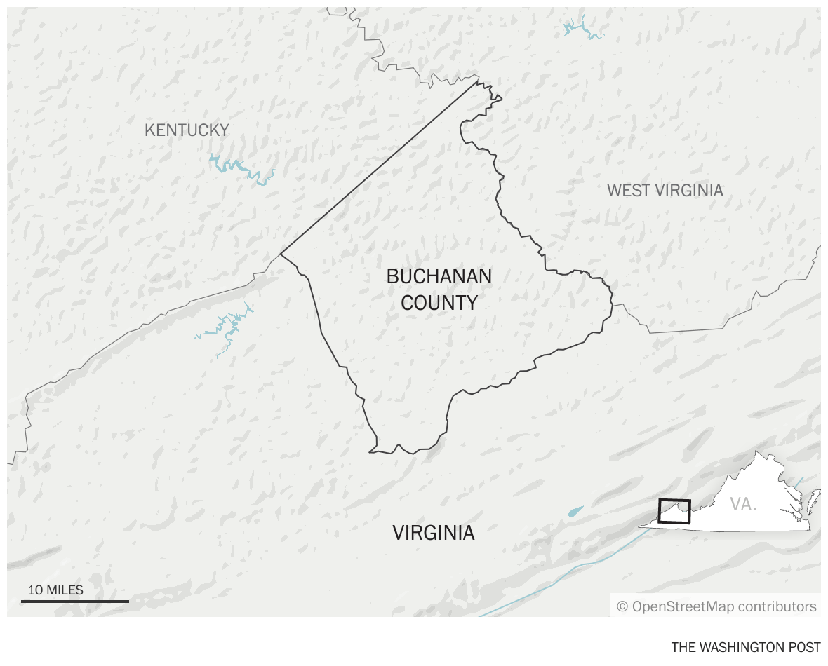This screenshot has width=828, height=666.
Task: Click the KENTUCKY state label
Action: pyautogui.click(x=187, y=130)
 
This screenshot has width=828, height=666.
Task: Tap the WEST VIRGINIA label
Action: pyautogui.click(x=665, y=190)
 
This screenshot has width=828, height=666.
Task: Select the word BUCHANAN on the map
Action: pyautogui.click(x=439, y=276)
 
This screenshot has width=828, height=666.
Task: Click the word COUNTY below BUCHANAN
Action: pyautogui.click(x=439, y=303)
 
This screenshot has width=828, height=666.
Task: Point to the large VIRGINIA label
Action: pyautogui.click(x=434, y=533)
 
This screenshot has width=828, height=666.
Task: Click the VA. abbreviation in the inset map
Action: pyautogui.click(x=744, y=504)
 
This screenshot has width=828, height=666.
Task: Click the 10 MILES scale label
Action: pyautogui.click(x=55, y=590)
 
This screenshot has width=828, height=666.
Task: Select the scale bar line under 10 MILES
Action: pyautogui.click(x=75, y=601)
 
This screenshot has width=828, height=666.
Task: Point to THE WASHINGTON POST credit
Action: pyautogui.click(x=745, y=647)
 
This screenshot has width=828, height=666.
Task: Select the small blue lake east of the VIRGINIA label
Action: pyautogui.click(x=575, y=512)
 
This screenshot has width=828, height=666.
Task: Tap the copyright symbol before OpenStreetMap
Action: pyautogui.click(x=622, y=606)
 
